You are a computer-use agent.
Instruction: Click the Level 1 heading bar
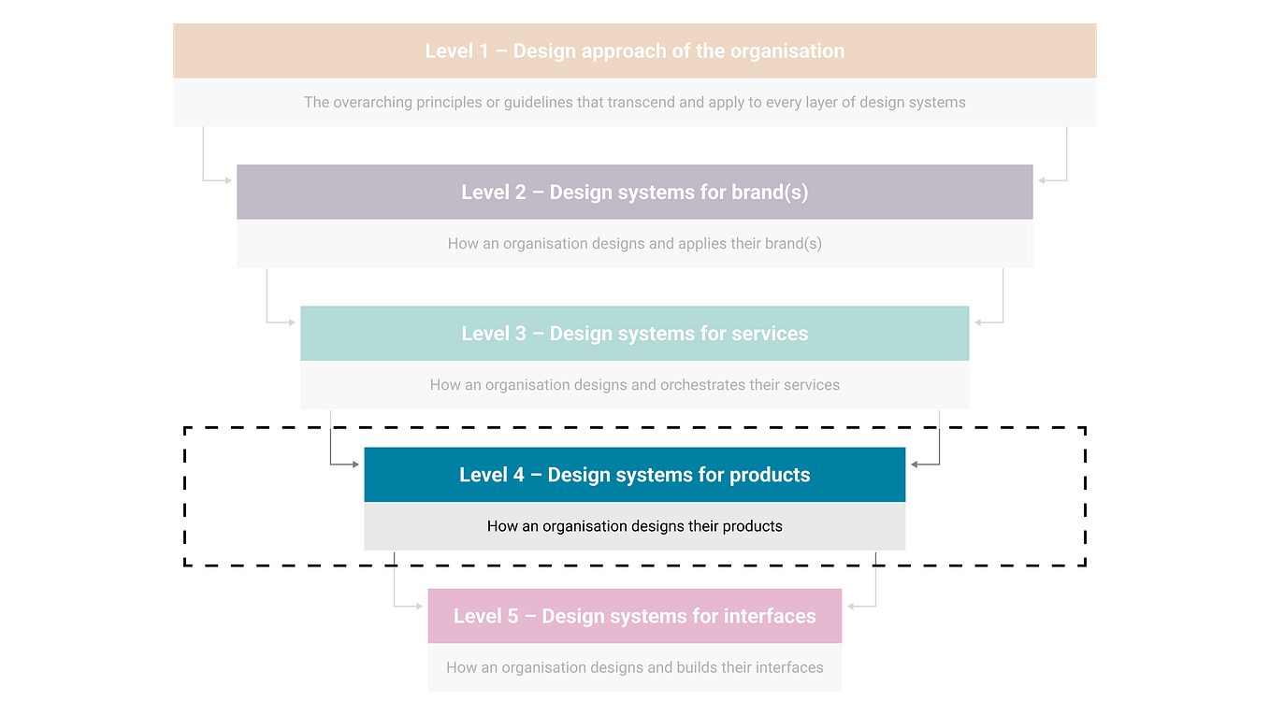coord(634,50)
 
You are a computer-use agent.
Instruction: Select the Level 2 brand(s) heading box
coord(634,193)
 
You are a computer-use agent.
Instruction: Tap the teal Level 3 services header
coord(634,334)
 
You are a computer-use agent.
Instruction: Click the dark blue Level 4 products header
coord(634,475)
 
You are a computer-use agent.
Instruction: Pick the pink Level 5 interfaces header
coord(634,616)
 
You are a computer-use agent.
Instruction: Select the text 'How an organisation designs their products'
coord(634,526)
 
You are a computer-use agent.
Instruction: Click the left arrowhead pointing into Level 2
coord(228,180)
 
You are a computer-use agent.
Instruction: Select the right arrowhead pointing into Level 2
coord(1042,180)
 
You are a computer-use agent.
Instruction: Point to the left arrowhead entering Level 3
coord(292,322)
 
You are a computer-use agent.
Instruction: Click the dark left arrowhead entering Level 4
coord(355,464)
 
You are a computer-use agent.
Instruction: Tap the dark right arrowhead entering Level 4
coord(915,464)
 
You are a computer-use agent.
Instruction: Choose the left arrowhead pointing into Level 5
coord(419,606)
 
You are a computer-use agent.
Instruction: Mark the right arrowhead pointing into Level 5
coord(851,606)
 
